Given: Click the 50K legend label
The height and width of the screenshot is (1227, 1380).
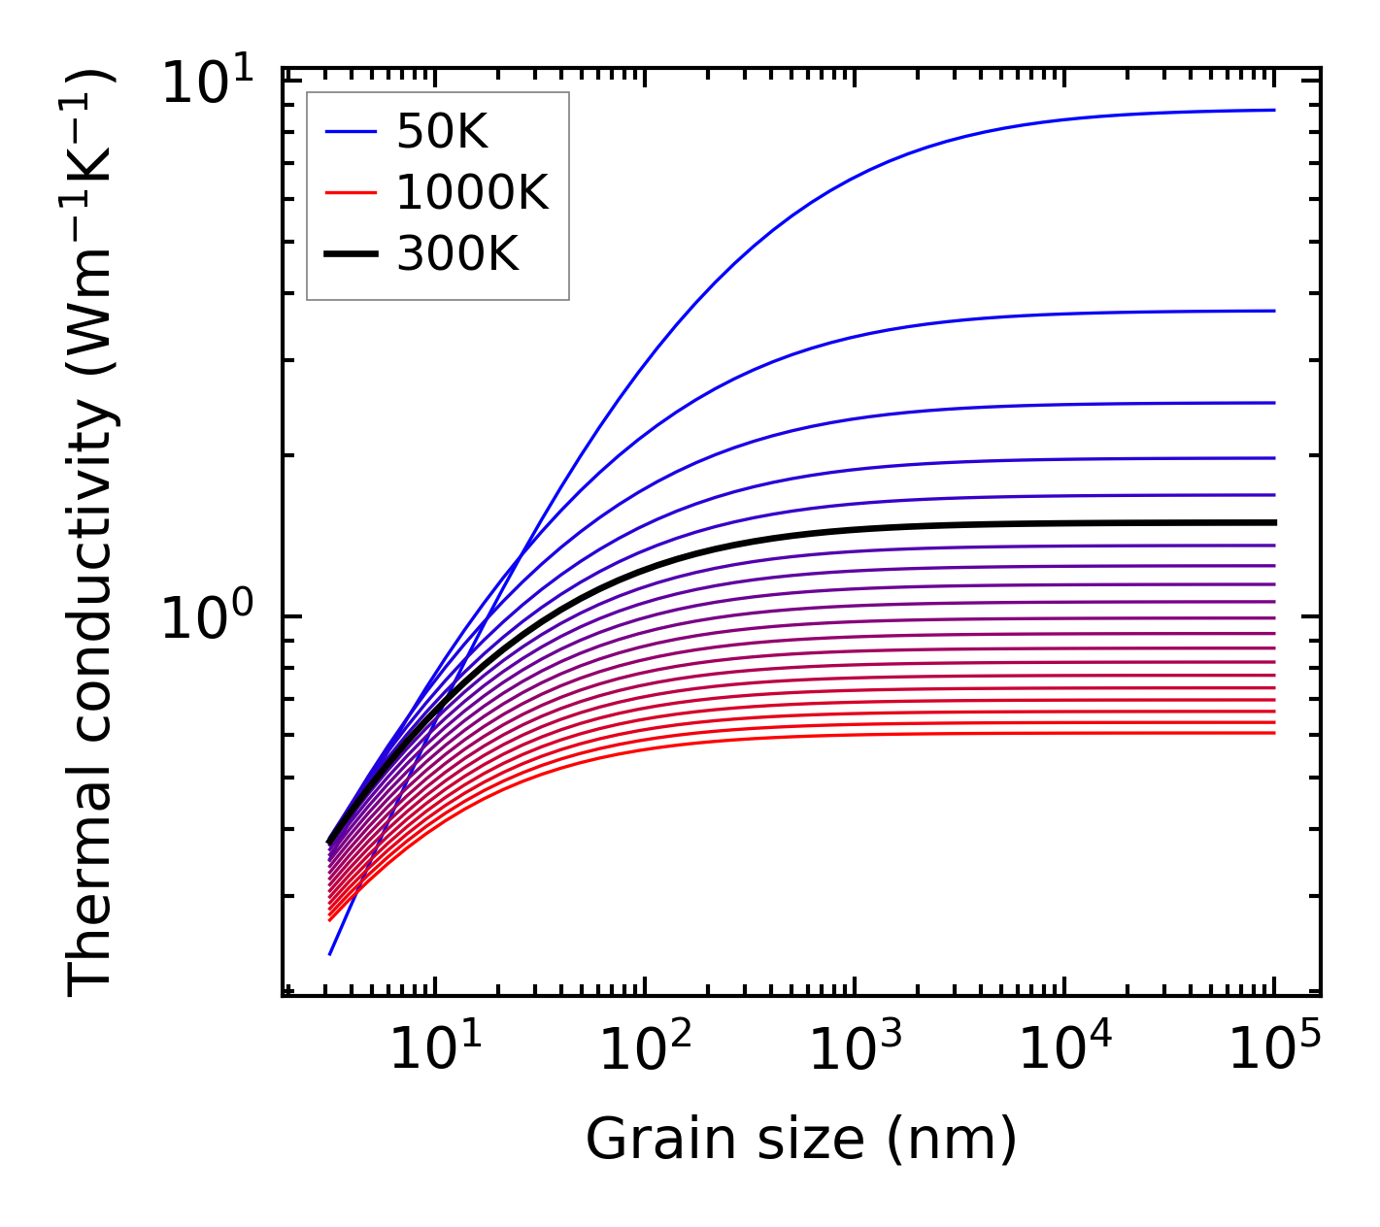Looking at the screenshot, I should pos(442,132).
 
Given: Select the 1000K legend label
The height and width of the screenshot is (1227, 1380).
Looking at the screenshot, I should pos(472,193).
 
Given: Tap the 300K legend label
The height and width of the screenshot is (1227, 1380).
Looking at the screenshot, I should pos(457,254).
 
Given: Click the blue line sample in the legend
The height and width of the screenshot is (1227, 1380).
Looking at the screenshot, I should pos(350,132).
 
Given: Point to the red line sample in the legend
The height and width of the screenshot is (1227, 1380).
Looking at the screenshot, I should pos(350,193).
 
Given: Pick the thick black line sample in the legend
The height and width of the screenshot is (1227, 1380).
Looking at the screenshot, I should pos(350,254).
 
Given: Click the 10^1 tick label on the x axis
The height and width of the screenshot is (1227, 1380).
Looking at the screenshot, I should pos(434,1049).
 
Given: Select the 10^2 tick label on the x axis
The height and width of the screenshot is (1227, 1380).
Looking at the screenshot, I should pos(645,1049).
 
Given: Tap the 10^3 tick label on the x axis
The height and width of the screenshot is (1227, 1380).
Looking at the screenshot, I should pos(855,1049).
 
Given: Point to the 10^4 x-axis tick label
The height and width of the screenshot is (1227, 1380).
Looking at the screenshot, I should pos(1064,1049).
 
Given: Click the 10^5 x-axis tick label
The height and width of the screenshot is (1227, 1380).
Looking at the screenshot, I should pos(1274,1049).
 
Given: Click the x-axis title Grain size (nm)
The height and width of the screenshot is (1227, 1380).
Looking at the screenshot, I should pos(801,1139).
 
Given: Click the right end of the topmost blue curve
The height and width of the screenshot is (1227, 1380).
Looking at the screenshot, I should pos(1273,110).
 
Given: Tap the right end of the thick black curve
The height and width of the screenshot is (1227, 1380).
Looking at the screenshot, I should pos(1273,522).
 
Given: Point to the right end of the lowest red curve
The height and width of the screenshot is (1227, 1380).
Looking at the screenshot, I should pos(1273,732).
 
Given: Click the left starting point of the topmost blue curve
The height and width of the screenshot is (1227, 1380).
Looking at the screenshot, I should pos(330,954).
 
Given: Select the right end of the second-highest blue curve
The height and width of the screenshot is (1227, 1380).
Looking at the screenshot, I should pos(1273,311).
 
